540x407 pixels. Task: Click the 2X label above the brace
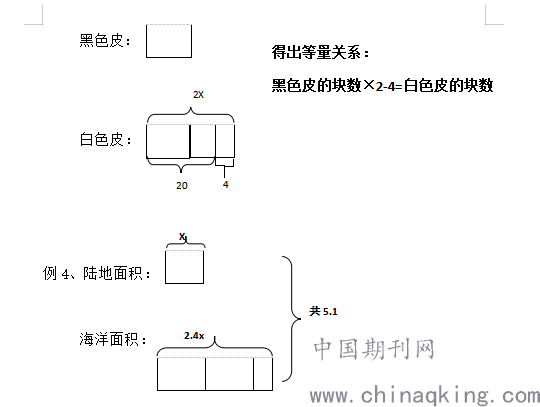198,95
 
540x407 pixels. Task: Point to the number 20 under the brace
182,186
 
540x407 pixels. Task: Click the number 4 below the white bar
226,185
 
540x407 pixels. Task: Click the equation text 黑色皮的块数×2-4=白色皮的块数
382,85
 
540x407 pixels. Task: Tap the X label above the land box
182,237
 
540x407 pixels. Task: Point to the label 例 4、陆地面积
97,273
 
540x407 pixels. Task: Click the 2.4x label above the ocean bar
194,335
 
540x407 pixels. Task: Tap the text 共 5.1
323,311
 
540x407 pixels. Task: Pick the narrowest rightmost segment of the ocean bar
263,374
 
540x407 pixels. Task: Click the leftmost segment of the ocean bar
181,374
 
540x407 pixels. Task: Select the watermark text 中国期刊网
374,349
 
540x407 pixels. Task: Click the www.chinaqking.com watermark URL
425,395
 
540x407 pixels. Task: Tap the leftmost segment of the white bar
168,141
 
